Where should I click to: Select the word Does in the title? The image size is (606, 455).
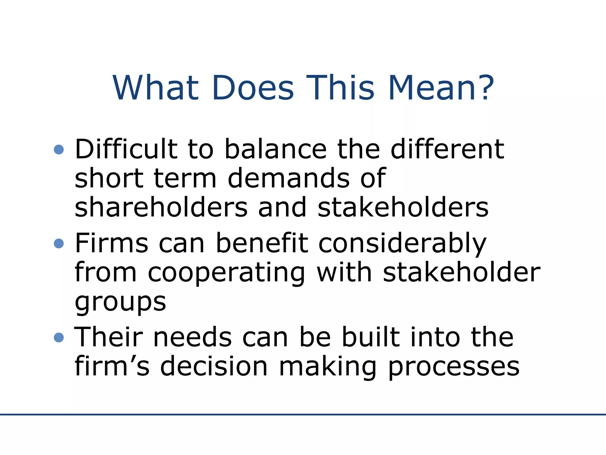point(253,88)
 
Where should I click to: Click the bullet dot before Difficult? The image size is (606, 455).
point(59,149)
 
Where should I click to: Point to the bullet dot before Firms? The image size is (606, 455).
point(59,243)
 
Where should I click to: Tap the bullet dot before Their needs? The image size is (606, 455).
point(59,337)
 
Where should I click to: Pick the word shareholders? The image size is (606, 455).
point(161,207)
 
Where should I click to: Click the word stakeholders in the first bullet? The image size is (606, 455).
point(403,207)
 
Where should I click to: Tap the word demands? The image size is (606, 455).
point(289,178)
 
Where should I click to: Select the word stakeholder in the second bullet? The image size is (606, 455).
point(462,272)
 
